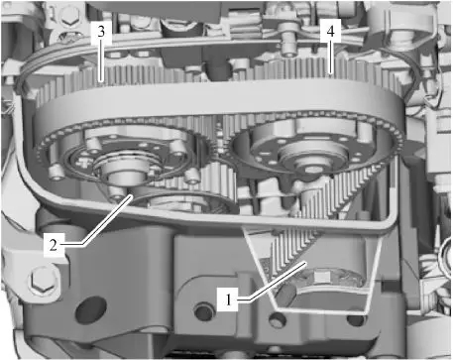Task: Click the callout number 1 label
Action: pos(228,300)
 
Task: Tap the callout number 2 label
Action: pos(54,245)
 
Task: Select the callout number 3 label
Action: pos(101,32)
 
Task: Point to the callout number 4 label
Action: pos(330,32)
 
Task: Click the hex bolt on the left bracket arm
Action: pos(42,281)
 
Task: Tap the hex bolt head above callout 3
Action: pos(69,16)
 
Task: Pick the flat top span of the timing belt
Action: pos(218,96)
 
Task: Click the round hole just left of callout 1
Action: pos(204,311)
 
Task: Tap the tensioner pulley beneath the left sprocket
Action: pos(185,203)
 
